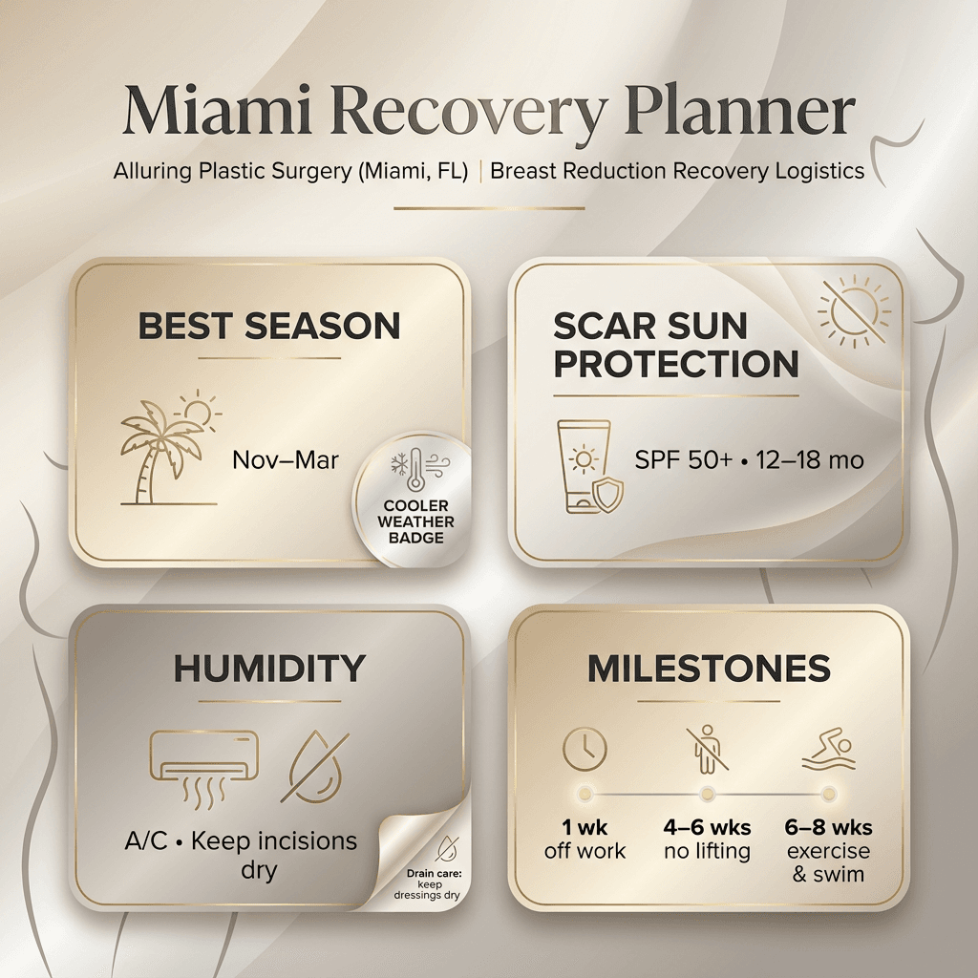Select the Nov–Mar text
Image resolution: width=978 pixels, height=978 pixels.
pyautogui.click(x=286, y=460)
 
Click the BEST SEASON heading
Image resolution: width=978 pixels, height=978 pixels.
pyautogui.click(x=269, y=327)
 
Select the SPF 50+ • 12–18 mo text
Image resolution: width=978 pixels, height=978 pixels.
pyautogui.click(x=749, y=460)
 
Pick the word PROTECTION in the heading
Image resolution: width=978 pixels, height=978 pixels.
pyautogui.click(x=676, y=364)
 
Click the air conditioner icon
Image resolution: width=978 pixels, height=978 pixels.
pyautogui.click(x=204, y=760)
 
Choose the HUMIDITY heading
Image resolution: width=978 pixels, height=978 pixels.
pyautogui.click(x=269, y=669)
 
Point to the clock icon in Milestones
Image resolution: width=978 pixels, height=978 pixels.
pyautogui.click(x=585, y=750)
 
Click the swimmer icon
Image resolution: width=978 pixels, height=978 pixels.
pyautogui.click(x=829, y=752)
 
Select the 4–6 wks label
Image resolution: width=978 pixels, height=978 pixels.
pyautogui.click(x=708, y=827)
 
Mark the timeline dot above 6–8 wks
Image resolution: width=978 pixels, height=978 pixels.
pyautogui.click(x=829, y=794)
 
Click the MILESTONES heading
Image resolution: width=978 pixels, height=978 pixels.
pyautogui.click(x=708, y=669)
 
